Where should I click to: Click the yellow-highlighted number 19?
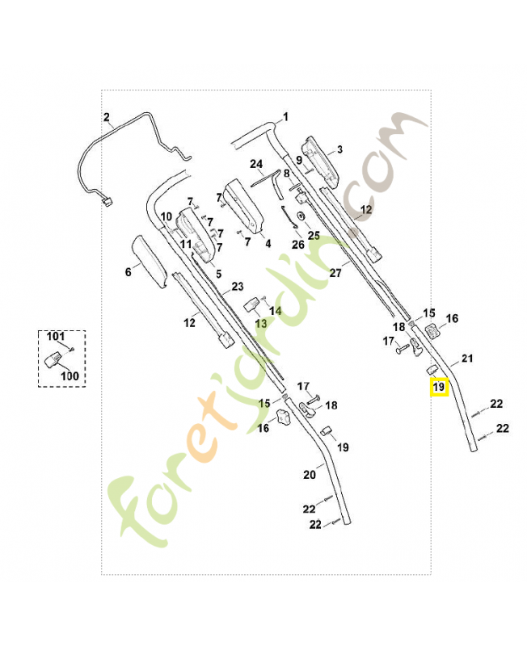438,388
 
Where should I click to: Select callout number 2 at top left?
107,117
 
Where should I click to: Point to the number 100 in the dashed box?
70,375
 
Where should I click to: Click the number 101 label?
55,336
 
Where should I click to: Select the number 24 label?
256,164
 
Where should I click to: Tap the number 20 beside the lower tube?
309,475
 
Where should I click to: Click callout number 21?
466,358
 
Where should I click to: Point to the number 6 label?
128,272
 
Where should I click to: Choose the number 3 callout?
339,149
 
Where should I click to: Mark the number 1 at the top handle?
285,117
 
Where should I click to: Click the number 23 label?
237,287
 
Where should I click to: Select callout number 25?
314,235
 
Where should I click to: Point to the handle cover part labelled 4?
244,208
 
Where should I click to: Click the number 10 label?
166,216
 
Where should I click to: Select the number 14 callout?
276,310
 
